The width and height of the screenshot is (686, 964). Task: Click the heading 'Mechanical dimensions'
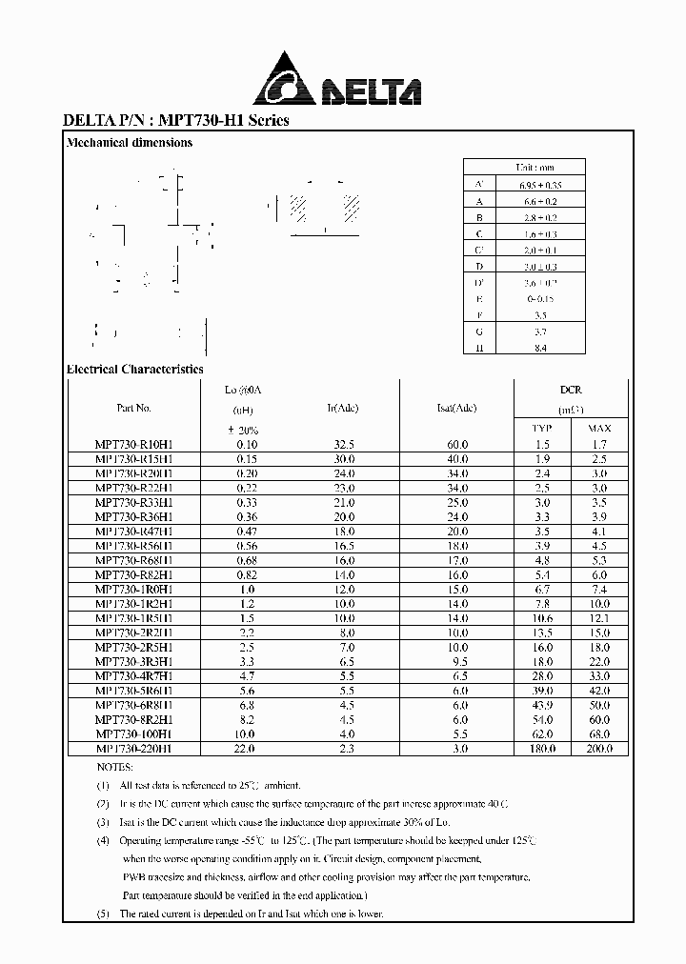coord(129,143)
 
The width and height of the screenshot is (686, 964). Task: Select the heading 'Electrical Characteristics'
coord(134,369)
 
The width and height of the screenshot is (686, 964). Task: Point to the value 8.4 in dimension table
coord(540,349)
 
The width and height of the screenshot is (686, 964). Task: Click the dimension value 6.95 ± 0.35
coord(540,184)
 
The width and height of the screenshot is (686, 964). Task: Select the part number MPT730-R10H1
coord(133,445)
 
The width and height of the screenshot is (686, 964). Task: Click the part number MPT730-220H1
coord(133,750)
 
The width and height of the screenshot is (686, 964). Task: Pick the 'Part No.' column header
coord(133,408)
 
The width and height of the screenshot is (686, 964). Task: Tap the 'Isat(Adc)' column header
coord(456,408)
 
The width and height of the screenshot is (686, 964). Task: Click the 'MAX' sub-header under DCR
coord(599,429)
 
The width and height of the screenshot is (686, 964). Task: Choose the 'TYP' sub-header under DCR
coord(541,429)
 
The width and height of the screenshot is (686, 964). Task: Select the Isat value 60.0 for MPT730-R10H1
coord(457,445)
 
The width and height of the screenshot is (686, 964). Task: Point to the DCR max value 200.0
coord(598,750)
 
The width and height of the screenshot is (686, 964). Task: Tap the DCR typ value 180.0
coord(541,750)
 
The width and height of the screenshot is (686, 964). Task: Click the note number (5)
coord(103,914)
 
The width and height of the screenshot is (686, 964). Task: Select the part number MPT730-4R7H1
coord(133,675)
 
